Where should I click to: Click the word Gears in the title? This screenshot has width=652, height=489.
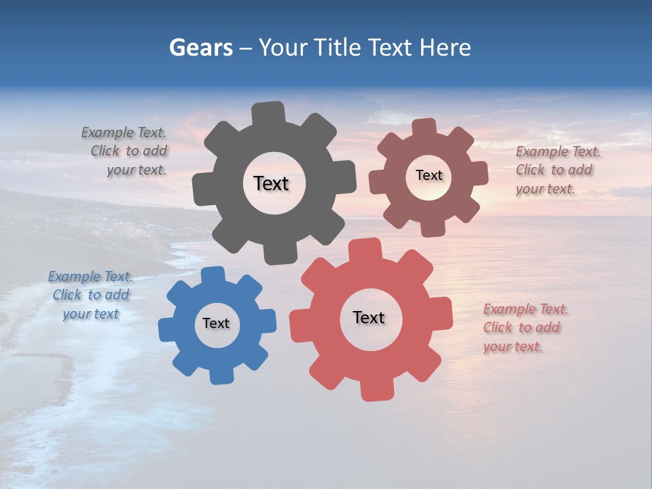(x=201, y=48)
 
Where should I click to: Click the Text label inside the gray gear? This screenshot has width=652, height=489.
(x=271, y=183)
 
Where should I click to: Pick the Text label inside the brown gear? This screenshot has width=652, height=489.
(x=429, y=175)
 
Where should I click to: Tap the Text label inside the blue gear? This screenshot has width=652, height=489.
(x=216, y=323)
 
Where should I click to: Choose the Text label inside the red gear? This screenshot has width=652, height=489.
(x=369, y=317)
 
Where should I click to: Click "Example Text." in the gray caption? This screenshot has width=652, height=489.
(x=124, y=132)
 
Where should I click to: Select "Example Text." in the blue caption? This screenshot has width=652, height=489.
(x=90, y=276)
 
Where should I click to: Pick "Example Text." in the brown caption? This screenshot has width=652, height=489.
(x=558, y=151)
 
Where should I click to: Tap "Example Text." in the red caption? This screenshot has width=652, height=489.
(x=526, y=309)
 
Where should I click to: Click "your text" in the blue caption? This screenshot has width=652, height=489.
(x=91, y=314)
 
